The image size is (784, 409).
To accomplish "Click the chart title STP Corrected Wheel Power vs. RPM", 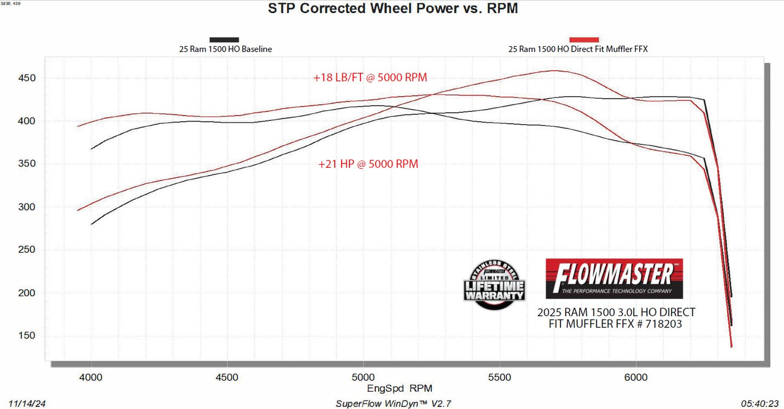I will (392, 9).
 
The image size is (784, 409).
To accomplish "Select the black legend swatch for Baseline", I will (224, 40).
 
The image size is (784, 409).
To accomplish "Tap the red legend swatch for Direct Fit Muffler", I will (584, 40).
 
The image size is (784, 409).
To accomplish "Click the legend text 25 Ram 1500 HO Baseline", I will (226, 49).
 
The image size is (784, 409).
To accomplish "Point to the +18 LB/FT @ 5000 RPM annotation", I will (370, 78).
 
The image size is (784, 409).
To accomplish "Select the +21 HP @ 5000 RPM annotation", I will (368, 164).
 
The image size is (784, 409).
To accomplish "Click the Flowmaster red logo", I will (614, 278).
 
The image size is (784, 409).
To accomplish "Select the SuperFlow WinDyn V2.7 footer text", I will (393, 404).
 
